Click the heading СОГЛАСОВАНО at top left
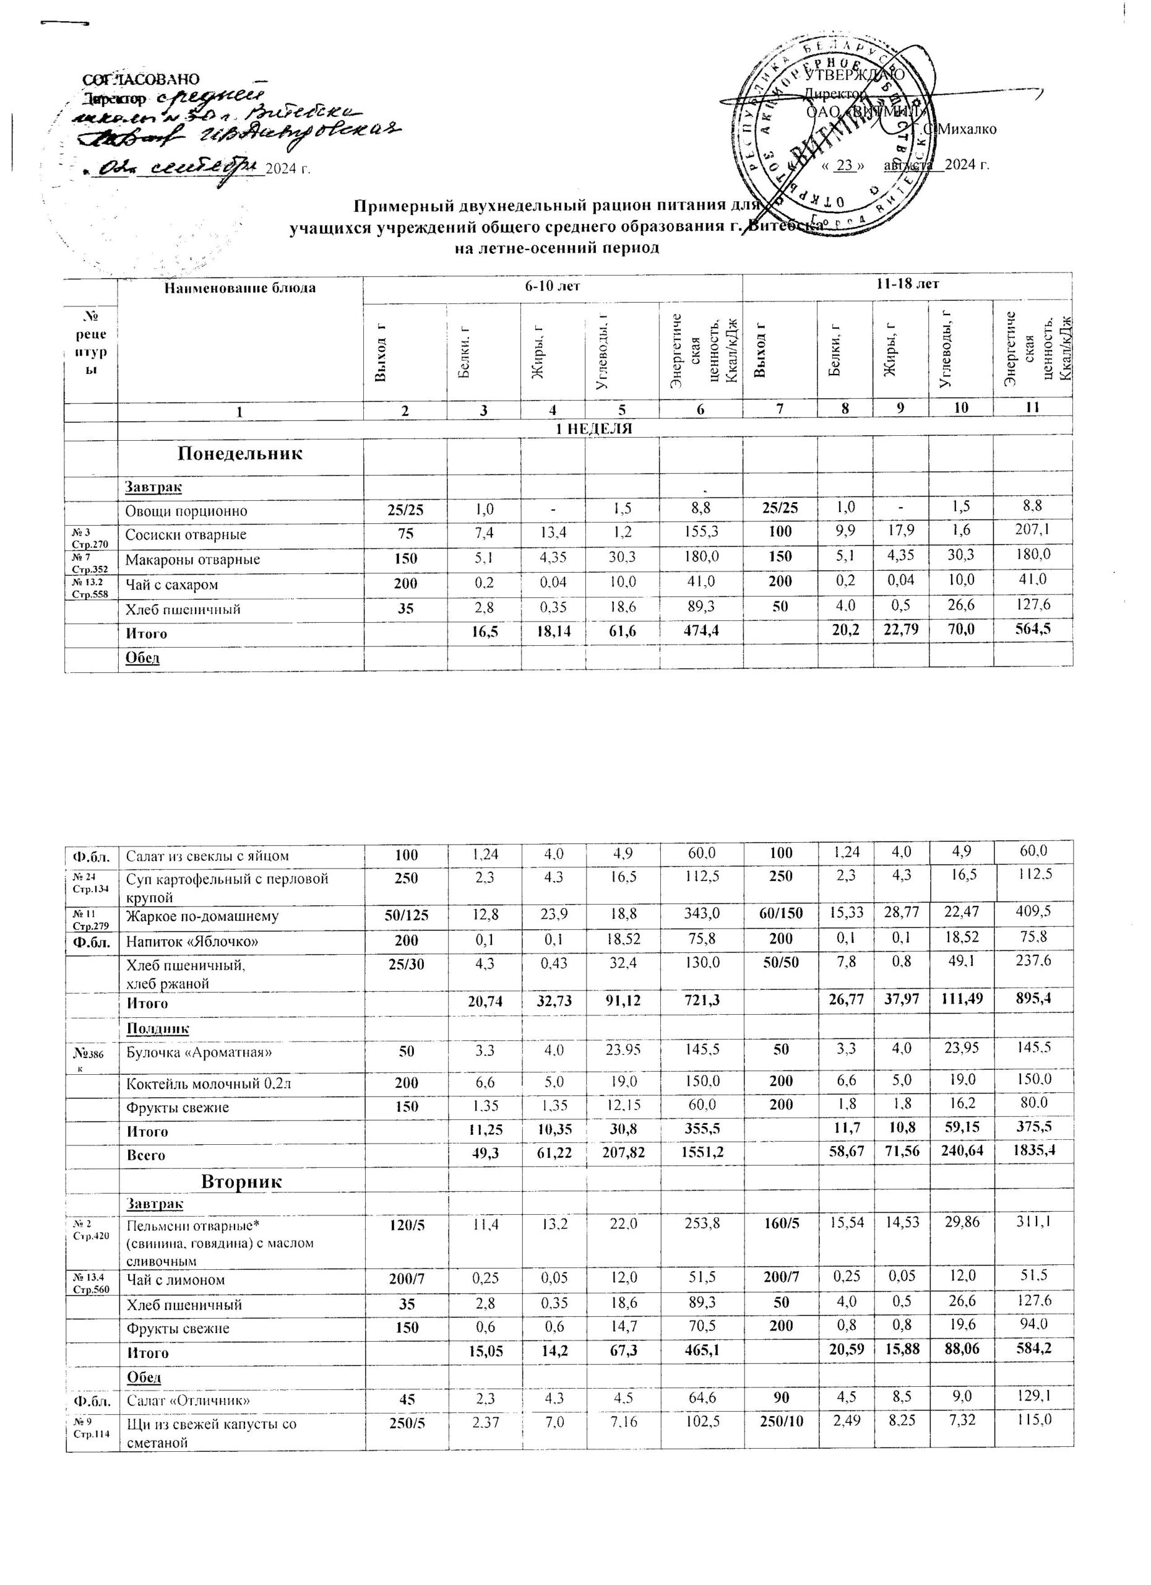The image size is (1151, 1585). point(142,79)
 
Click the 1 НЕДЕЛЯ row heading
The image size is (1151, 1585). point(593,429)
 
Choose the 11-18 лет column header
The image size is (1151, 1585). point(907,284)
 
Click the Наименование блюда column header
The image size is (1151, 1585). point(239,288)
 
